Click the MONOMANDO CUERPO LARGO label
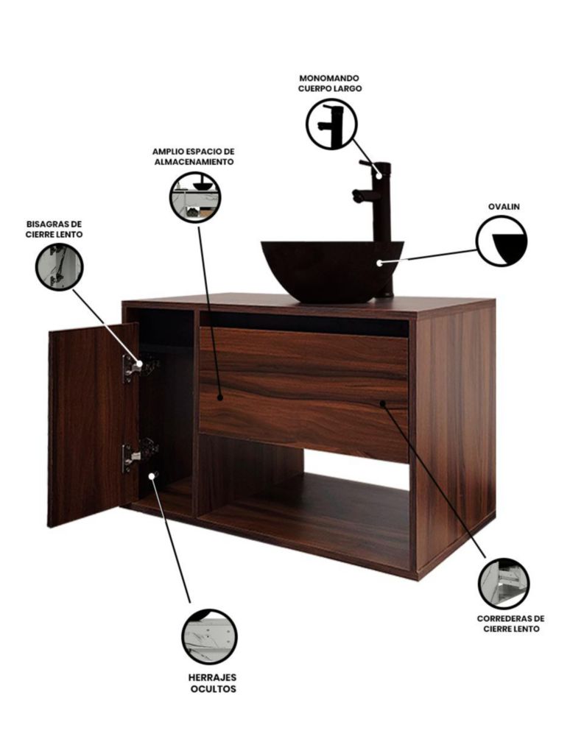330,83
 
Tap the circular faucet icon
331,124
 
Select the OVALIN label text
504,207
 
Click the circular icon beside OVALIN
502,241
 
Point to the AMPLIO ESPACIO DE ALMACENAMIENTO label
194,156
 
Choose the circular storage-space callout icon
195,197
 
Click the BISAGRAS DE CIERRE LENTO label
54,229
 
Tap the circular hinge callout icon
59,267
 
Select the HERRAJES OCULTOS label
213,683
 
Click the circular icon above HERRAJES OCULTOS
209,637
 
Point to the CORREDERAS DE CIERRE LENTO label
511,624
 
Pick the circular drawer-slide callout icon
504,584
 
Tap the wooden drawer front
304,394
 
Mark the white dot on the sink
380,263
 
